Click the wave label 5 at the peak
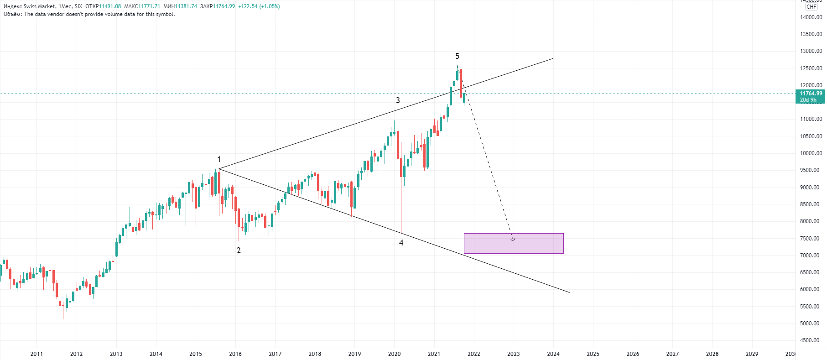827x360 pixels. click(457, 56)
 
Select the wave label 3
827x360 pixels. click(398, 100)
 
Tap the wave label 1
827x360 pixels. click(219, 159)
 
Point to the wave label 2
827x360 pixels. click(239, 250)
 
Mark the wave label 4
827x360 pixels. click(401, 243)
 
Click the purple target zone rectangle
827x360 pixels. click(514, 244)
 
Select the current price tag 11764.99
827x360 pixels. click(811, 94)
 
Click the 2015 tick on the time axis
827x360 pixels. click(196, 354)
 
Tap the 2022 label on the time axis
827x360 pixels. click(474, 354)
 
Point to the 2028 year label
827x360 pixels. click(712, 354)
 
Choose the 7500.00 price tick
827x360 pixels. click(811, 238)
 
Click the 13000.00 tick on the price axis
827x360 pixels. click(811, 51)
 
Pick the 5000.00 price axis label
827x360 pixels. click(811, 323)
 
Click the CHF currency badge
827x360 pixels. click(811, 7)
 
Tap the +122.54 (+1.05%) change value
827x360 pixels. click(259, 6)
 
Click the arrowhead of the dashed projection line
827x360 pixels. click(513, 239)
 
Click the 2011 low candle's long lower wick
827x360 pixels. click(60, 322)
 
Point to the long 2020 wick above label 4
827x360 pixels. click(401, 205)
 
